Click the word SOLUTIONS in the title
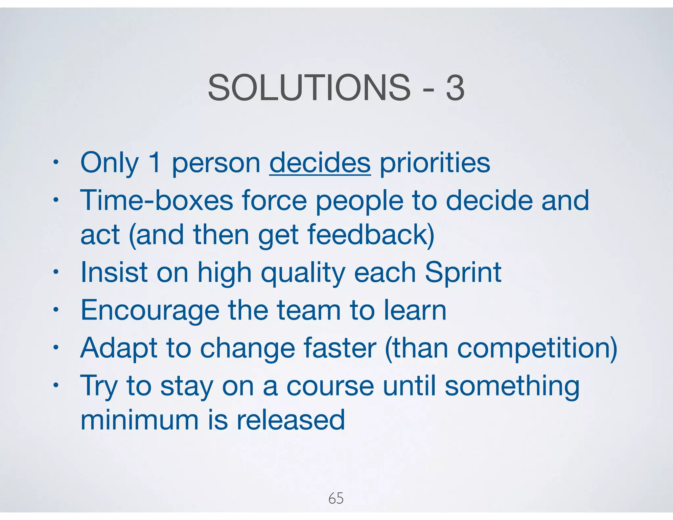[x=309, y=88]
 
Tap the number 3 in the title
[x=455, y=88]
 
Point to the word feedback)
[x=371, y=235]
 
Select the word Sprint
[x=463, y=273]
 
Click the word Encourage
[x=150, y=311]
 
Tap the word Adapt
[x=119, y=348]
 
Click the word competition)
[x=537, y=348]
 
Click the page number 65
[x=336, y=498]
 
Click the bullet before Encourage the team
[x=56, y=310]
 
